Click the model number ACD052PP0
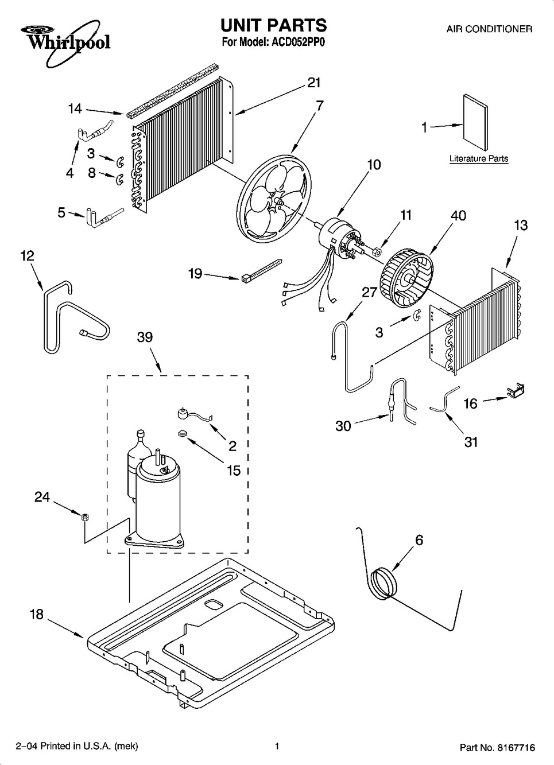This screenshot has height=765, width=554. click(297, 42)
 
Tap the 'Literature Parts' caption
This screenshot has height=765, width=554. click(479, 159)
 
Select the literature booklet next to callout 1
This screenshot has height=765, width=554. click(475, 122)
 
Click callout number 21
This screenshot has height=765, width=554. click(314, 83)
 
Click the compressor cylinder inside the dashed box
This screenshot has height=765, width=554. click(157, 502)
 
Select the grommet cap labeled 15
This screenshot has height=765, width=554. click(183, 434)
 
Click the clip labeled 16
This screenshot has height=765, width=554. click(515, 390)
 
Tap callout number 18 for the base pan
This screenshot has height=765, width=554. click(37, 615)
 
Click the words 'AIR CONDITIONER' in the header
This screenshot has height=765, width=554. click(489, 29)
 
